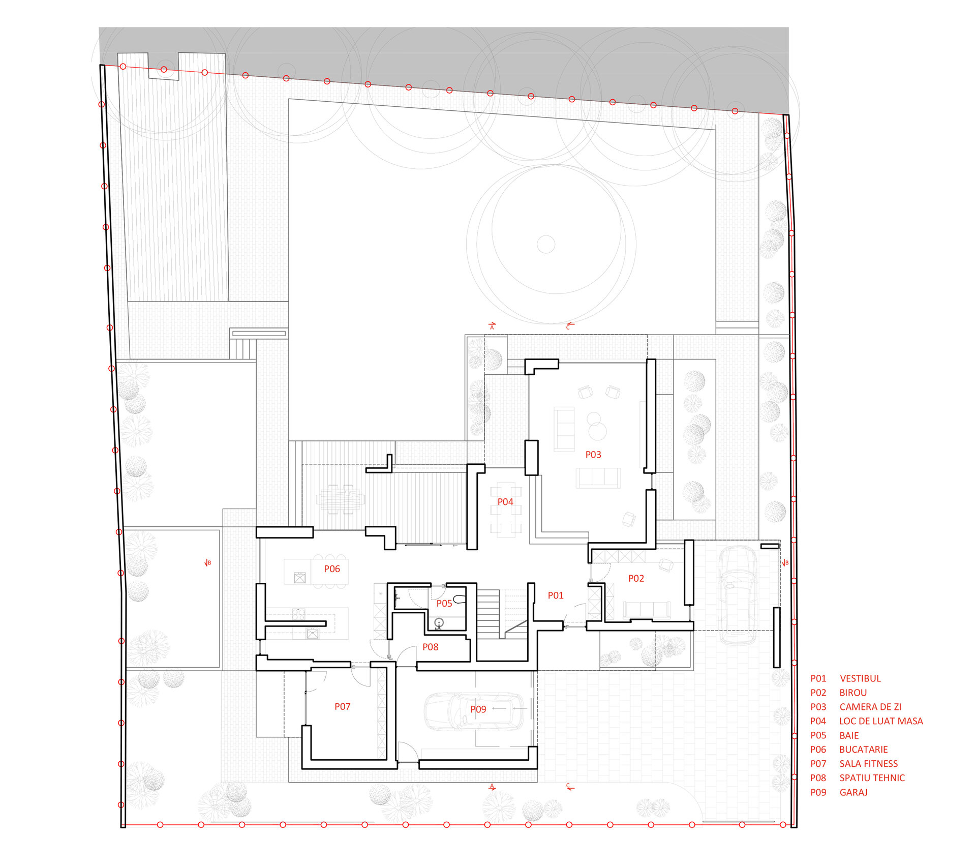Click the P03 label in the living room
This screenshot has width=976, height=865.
[593, 455]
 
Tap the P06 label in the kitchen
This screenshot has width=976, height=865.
[332, 569]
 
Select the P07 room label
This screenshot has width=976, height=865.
[342, 707]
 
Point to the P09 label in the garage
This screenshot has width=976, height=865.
[478, 709]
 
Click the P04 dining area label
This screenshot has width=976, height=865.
[505, 502]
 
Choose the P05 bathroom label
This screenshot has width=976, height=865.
[444, 604]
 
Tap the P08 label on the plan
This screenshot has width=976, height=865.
[430, 647]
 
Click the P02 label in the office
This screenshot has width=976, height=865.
[636, 579]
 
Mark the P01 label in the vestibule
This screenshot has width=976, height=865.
[556, 595]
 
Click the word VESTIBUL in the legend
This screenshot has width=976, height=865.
[860, 679]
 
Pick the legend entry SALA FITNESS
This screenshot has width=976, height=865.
[869, 764]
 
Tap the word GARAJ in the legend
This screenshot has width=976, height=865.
[853, 792]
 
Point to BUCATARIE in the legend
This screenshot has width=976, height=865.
[864, 750]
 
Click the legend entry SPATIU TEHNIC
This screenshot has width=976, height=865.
[872, 778]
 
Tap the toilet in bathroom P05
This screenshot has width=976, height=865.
[460, 599]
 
